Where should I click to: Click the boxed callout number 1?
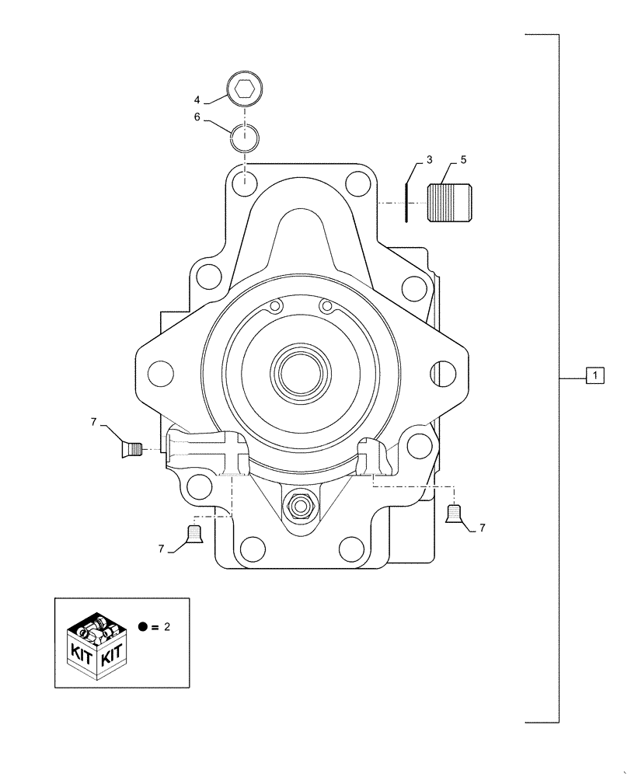pos(594,377)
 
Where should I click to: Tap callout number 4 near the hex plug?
pos(197,100)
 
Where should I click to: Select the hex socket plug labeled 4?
pos(246,89)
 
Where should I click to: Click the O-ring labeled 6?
pos(245,139)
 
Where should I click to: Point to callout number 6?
pos(197,117)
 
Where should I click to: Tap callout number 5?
pos(463,161)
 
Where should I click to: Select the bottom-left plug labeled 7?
pos(194,535)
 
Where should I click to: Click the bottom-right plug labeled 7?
pos(455,514)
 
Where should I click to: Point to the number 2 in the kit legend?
pos(166,627)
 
